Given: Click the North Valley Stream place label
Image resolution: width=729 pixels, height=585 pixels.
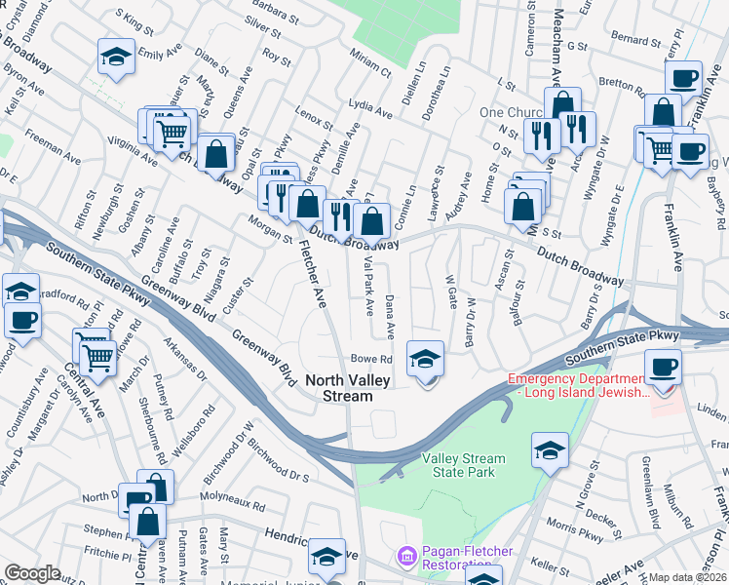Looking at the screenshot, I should coord(339,388).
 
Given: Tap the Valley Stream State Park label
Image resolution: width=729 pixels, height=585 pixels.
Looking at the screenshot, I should coord(464,465).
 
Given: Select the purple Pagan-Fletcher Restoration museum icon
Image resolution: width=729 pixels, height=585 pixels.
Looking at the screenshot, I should coord(406,557).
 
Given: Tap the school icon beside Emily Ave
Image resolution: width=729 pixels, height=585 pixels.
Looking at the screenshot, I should coord(116,57).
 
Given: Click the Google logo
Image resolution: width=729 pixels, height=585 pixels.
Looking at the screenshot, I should coord(32,573).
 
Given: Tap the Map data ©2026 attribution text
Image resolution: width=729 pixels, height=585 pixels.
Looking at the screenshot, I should coord(688,577).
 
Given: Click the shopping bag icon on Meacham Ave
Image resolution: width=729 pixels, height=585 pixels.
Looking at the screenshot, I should coord(563,104).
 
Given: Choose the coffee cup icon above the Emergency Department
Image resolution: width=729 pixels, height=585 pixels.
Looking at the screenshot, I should coord(663,368).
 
